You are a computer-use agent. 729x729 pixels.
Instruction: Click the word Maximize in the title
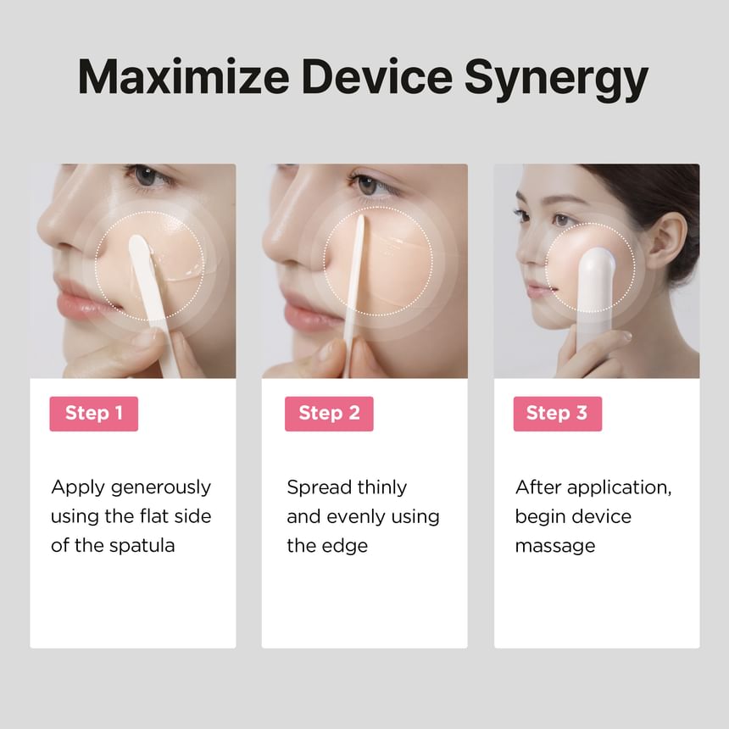click(x=184, y=76)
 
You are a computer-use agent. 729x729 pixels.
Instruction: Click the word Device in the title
click(x=377, y=76)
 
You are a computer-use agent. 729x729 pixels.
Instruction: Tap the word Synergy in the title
click(x=556, y=80)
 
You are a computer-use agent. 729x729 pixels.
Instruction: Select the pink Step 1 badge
click(x=94, y=414)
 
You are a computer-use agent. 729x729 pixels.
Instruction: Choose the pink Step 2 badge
click(x=329, y=414)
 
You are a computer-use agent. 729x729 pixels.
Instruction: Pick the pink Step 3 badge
click(x=558, y=414)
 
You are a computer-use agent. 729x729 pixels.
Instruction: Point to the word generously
click(x=161, y=488)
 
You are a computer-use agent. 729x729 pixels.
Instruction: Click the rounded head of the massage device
click(x=597, y=265)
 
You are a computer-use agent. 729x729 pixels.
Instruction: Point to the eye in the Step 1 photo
click(x=147, y=176)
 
